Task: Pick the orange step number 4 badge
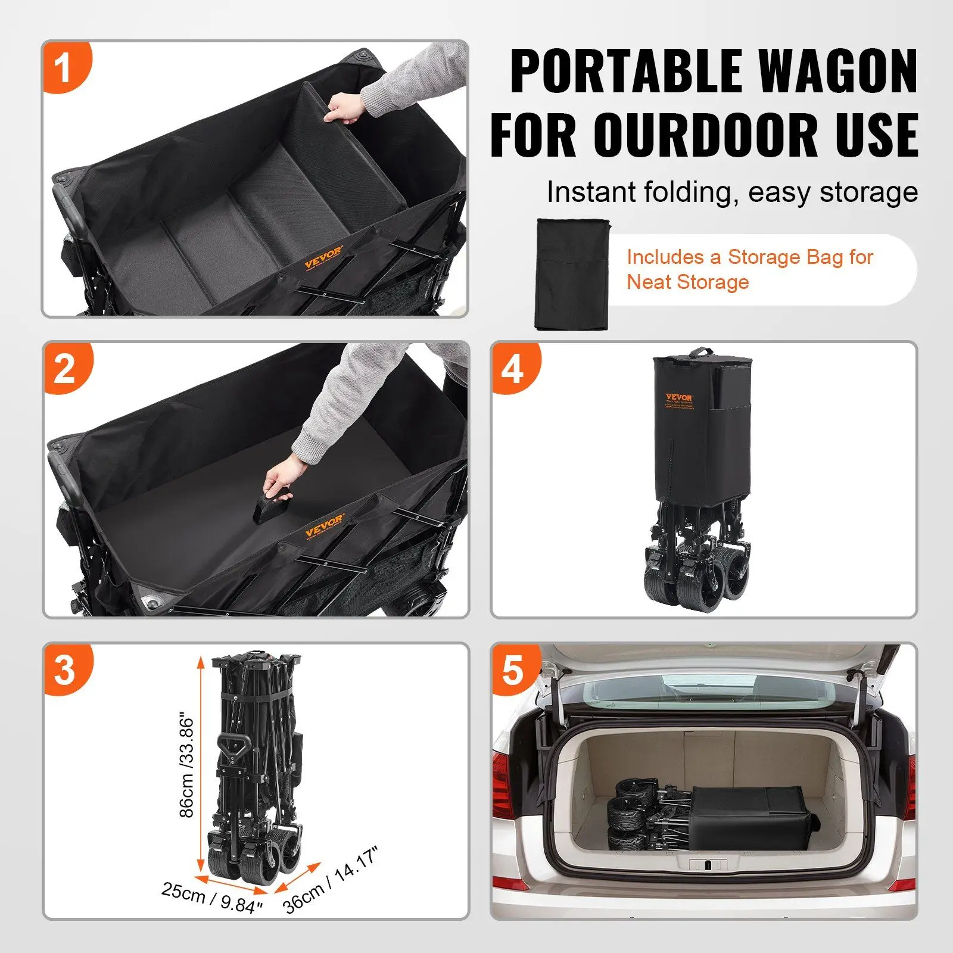point(513,368)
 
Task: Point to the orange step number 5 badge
point(513,669)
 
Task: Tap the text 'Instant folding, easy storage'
point(732,192)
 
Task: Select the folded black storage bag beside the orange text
point(572,274)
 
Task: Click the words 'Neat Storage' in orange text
point(687,282)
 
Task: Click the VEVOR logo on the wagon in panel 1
point(323,257)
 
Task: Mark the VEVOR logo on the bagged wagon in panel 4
point(679,398)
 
